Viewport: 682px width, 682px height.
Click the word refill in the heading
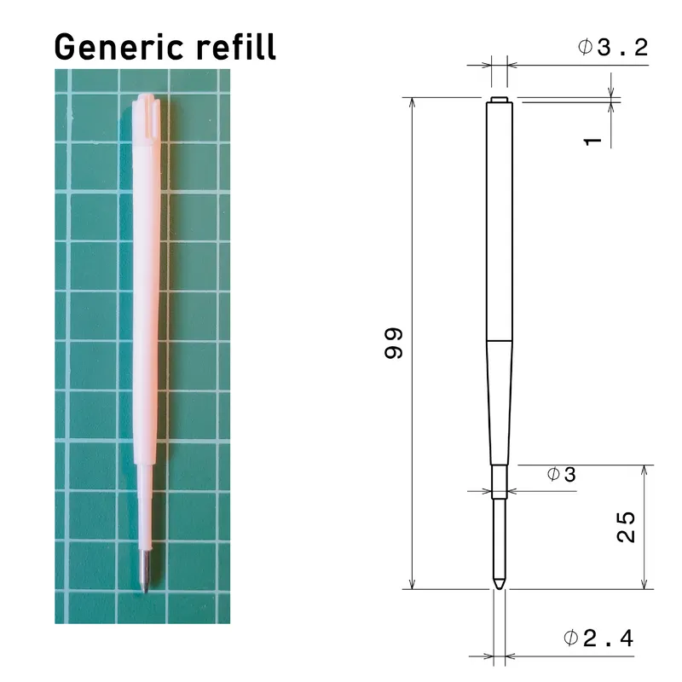(236, 46)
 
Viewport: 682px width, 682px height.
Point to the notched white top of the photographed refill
(147, 118)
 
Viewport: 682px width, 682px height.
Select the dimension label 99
(394, 344)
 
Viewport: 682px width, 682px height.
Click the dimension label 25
(627, 527)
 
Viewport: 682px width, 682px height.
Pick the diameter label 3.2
(623, 47)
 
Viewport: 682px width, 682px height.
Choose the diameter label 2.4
(609, 639)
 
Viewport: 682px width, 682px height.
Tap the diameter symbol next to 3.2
(585, 46)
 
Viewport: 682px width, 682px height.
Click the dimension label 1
(592, 142)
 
